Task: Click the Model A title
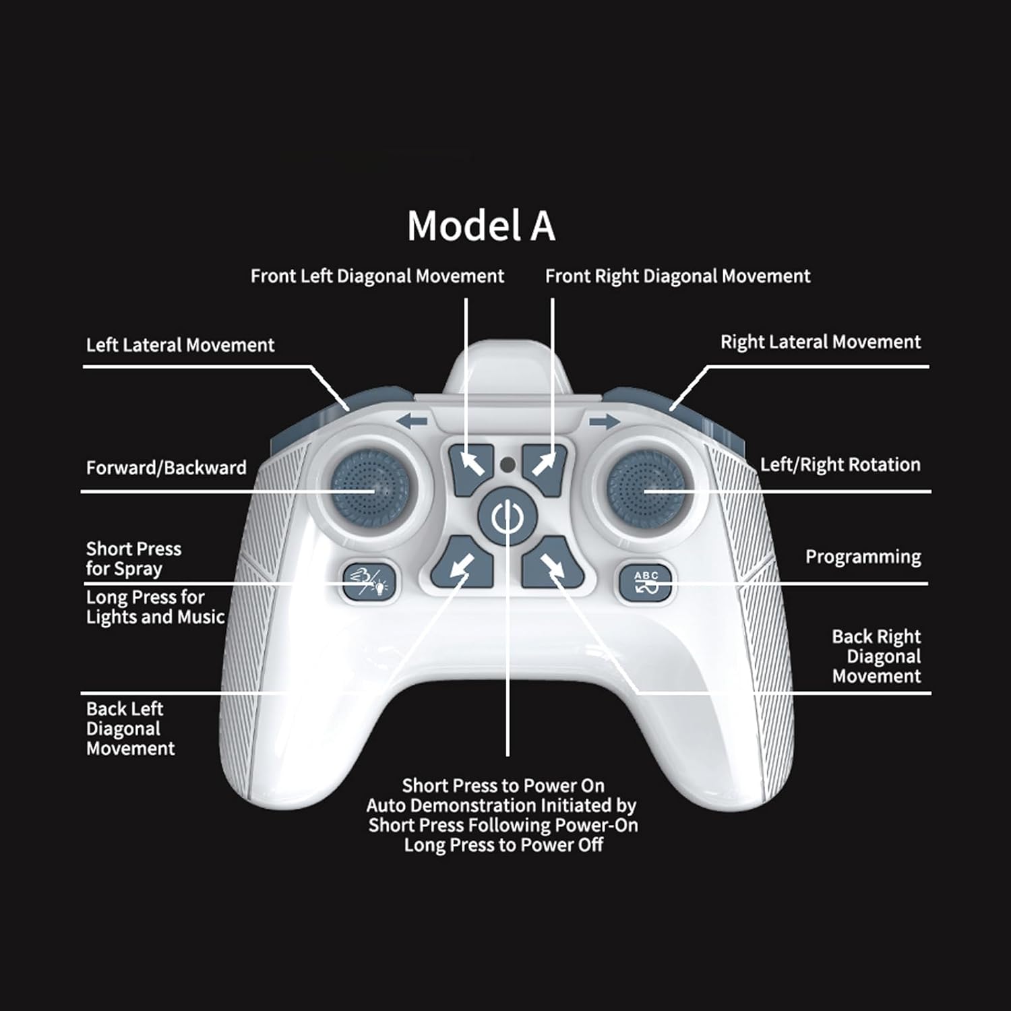pyautogui.click(x=481, y=225)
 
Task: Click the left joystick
pyautogui.click(x=366, y=485)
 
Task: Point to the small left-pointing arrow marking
pyautogui.click(x=412, y=423)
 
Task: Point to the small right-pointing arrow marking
pyautogui.click(x=604, y=423)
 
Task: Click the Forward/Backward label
pyautogui.click(x=166, y=468)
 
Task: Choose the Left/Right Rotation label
pyautogui.click(x=840, y=464)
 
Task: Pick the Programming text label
pyautogui.click(x=863, y=557)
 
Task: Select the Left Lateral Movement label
pyautogui.click(x=180, y=345)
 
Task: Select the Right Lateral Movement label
pyautogui.click(x=820, y=342)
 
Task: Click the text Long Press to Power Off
pyautogui.click(x=503, y=845)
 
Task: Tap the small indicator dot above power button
pyautogui.click(x=508, y=464)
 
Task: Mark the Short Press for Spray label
pyautogui.click(x=133, y=559)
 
